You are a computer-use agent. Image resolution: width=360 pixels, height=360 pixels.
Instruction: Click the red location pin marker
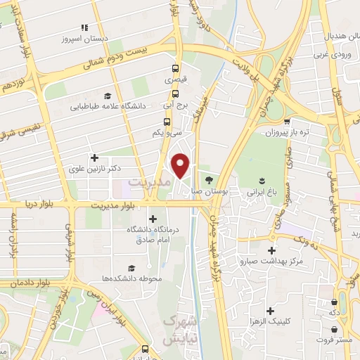tap(181, 165)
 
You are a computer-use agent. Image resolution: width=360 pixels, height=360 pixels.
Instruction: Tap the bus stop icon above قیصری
tap(176, 69)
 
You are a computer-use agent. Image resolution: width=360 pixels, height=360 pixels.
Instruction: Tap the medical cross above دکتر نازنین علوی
tap(94, 157)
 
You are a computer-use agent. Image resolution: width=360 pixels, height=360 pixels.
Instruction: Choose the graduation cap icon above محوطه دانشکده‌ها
tap(131, 268)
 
